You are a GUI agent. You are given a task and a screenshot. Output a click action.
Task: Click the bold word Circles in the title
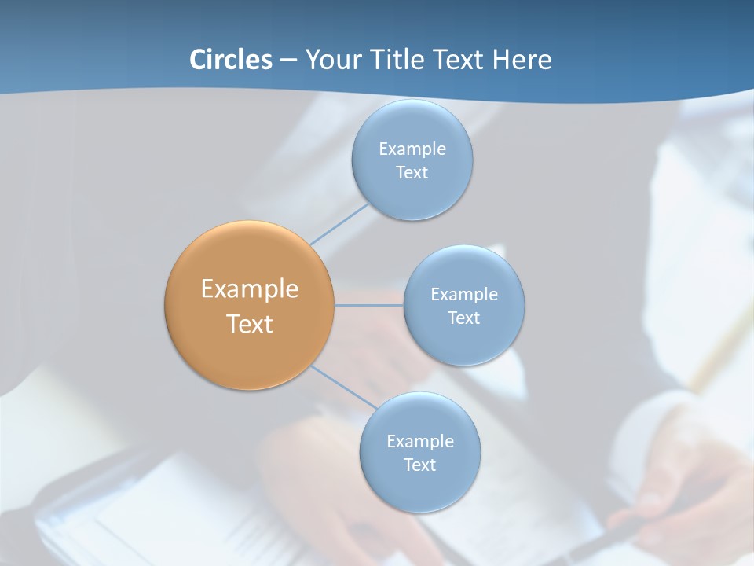click(x=230, y=60)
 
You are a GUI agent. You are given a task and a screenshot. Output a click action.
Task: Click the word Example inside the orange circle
click(x=250, y=289)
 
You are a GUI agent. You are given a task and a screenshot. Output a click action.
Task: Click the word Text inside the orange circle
click(x=250, y=324)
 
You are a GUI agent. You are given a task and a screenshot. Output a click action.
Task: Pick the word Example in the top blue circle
click(x=412, y=149)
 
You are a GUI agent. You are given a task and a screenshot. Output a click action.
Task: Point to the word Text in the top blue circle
click(x=412, y=172)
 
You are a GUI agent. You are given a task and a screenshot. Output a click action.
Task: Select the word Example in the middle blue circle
click(x=463, y=294)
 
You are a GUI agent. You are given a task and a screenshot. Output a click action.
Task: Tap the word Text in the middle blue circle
click(x=463, y=318)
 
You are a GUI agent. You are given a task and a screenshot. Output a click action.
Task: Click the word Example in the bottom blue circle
click(x=419, y=441)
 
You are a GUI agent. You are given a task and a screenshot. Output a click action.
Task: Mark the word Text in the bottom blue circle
click(x=419, y=465)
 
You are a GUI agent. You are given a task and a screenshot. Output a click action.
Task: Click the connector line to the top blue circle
click(x=339, y=224)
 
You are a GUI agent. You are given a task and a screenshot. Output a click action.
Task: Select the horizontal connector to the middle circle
click(x=368, y=305)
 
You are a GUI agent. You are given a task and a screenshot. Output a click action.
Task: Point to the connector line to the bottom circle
click(x=344, y=387)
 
